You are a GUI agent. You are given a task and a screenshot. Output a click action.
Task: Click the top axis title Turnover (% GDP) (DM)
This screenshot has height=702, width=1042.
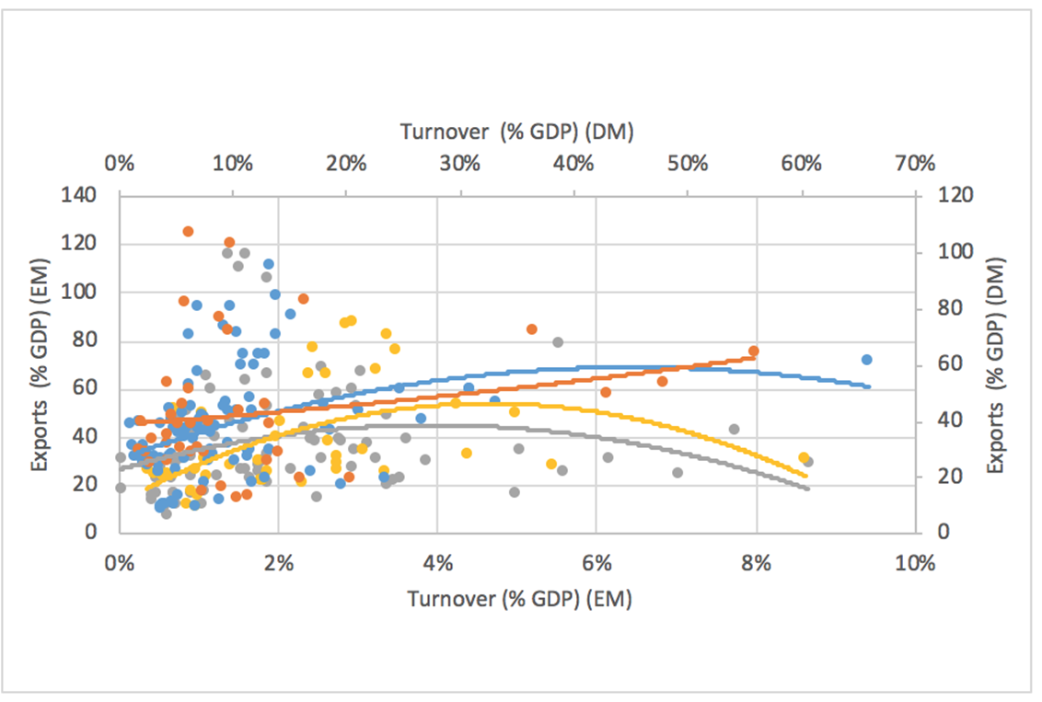[517, 132]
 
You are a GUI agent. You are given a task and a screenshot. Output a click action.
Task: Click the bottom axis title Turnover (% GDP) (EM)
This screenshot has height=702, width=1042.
[520, 599]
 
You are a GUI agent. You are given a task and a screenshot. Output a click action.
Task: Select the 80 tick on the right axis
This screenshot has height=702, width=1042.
[946, 307]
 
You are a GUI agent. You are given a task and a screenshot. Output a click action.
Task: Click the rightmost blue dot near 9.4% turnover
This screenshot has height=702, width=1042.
[866, 360]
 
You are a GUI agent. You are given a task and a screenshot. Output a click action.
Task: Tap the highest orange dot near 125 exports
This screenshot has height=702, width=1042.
[188, 232]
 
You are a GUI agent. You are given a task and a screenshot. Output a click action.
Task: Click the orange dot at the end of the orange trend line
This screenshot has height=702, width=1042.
[753, 351]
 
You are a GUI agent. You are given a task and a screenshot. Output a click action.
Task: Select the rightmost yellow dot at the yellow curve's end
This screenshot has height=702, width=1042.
[803, 458]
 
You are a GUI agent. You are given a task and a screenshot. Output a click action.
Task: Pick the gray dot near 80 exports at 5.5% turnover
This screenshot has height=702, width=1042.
[558, 342]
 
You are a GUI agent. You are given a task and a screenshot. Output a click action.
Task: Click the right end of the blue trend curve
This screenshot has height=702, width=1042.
[869, 386]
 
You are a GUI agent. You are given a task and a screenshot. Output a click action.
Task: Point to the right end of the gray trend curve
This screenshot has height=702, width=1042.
[807, 488]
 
